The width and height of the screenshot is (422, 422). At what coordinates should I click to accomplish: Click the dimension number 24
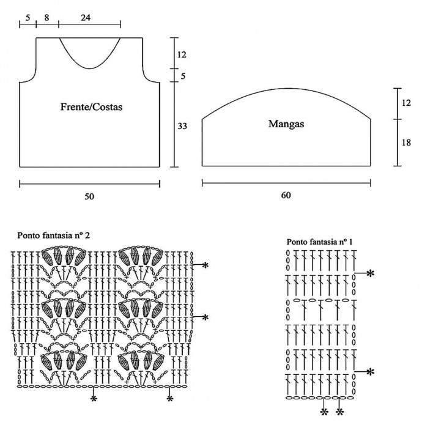pyautogui.click(x=86, y=18)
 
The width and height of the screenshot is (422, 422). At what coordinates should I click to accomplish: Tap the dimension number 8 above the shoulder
pyautogui.click(x=47, y=18)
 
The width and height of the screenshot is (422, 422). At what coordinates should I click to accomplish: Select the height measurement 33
pyautogui.click(x=182, y=125)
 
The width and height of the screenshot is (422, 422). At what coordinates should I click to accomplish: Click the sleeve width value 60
pyautogui.click(x=286, y=196)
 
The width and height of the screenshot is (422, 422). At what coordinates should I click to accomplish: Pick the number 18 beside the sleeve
pyautogui.click(x=406, y=142)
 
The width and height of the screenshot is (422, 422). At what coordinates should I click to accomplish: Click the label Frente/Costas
pyautogui.click(x=92, y=106)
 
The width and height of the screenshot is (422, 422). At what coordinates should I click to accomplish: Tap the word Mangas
pyautogui.click(x=286, y=124)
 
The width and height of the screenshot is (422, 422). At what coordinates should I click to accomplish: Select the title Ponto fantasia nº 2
pyautogui.click(x=57, y=234)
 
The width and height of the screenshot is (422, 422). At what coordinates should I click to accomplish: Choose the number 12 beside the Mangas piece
pyautogui.click(x=406, y=103)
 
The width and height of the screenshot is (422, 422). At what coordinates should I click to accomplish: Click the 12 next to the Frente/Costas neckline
pyautogui.click(x=182, y=54)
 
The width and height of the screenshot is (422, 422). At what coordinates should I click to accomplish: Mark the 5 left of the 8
pyautogui.click(x=28, y=18)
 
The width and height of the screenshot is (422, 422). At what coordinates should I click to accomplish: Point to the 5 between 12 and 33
pyautogui.click(x=182, y=76)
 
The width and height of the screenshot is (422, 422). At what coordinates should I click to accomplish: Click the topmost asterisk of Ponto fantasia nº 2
pyautogui.click(x=205, y=265)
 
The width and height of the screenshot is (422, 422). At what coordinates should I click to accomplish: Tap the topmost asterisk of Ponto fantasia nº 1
pyautogui.click(x=370, y=273)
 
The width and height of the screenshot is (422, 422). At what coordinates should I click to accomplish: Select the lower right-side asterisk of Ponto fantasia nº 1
pyautogui.click(x=370, y=371)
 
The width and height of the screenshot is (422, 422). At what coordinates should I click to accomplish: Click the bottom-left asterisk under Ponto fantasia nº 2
pyautogui.click(x=94, y=399)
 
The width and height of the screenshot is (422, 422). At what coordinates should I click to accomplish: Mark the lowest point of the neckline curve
pyautogui.click(x=89, y=68)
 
